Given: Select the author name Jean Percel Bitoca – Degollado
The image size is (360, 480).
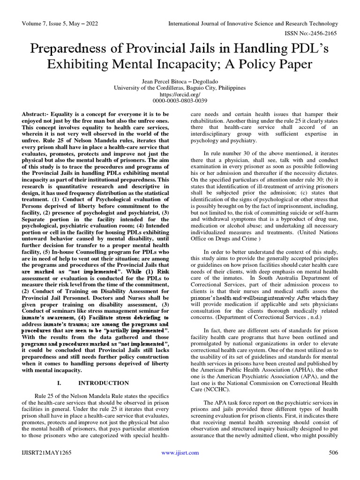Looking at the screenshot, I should pos(180,81).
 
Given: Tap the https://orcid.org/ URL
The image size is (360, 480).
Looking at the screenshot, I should pos(180,94).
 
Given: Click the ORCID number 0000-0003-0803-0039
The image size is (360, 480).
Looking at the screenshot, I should pos(180,101).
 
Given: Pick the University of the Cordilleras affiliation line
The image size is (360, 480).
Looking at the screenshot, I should pos(180,88).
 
